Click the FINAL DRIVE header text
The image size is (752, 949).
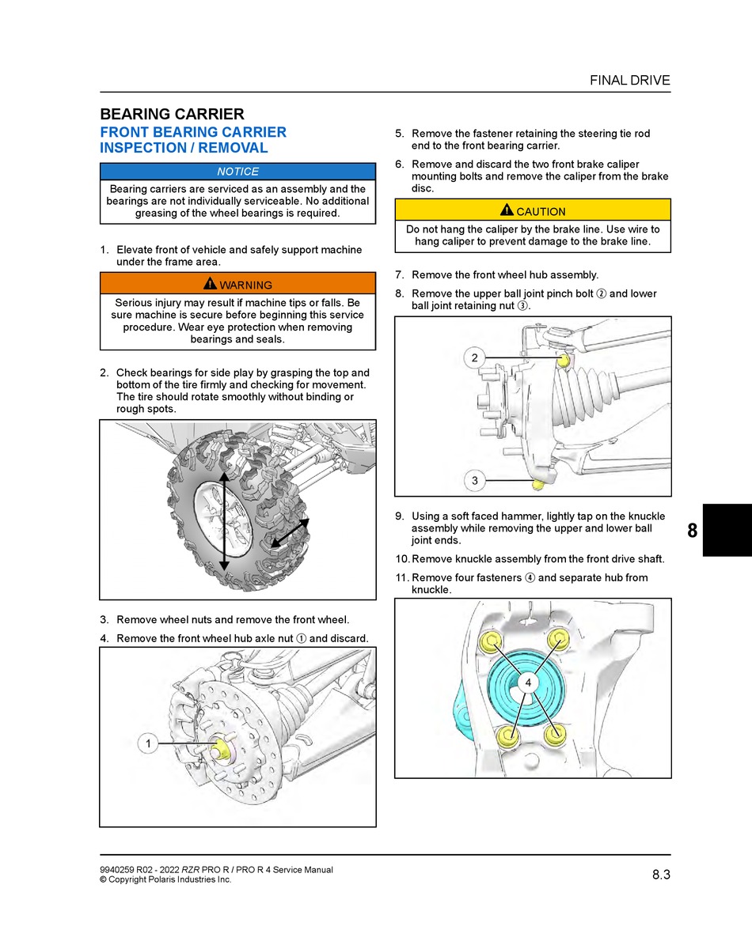pyautogui.click(x=629, y=80)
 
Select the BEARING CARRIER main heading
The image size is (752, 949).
pyautogui.click(x=172, y=114)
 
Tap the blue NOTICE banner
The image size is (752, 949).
pyautogui.click(x=237, y=172)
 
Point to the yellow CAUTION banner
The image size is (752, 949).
pyautogui.click(x=533, y=211)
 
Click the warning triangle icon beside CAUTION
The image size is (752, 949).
pyautogui.click(x=507, y=210)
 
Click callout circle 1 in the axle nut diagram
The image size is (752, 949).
pyautogui.click(x=148, y=743)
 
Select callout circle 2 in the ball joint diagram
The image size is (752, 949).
pyautogui.click(x=474, y=358)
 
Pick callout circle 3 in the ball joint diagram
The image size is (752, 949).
pyautogui.click(x=474, y=480)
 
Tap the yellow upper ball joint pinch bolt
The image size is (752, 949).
pyautogui.click(x=563, y=361)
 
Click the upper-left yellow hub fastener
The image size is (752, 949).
pyautogui.click(x=492, y=641)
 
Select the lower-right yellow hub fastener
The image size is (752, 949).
pyautogui.click(x=556, y=732)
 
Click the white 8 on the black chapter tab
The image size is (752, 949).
pyautogui.click(x=693, y=531)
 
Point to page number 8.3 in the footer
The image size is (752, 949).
pyautogui.click(x=661, y=874)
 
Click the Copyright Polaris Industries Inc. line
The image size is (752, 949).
pyautogui.click(x=165, y=879)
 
